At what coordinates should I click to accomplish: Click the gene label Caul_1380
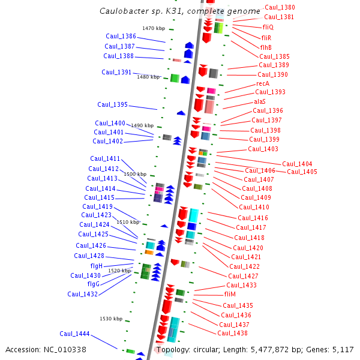[x=280, y=8]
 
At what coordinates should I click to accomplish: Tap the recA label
[x=263, y=83]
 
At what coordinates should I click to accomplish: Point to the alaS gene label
[x=259, y=101]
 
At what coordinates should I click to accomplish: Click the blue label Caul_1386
[x=121, y=37]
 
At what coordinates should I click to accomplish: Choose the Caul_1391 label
[x=116, y=73]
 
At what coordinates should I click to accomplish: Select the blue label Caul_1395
[x=112, y=105]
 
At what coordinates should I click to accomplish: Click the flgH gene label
[x=96, y=266]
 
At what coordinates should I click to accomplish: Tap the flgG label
[x=94, y=284]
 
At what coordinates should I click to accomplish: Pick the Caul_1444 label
[x=74, y=334]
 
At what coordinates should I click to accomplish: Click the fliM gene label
[x=230, y=295]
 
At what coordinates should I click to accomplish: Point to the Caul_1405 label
[x=302, y=172]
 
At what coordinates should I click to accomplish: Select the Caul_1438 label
[x=232, y=334]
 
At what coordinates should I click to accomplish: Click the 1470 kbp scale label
[x=154, y=29]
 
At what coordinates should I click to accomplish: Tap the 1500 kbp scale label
[x=135, y=174]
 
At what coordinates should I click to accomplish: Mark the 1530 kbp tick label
[x=111, y=319]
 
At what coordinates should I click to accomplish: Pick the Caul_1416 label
[x=253, y=218]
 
